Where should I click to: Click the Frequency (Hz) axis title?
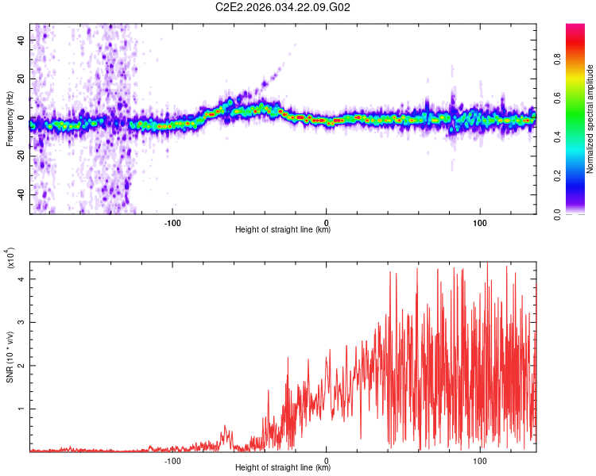click(10, 119)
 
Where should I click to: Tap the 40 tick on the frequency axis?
click(22, 40)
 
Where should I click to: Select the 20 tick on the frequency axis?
click(22, 79)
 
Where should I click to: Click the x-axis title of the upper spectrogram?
click(283, 230)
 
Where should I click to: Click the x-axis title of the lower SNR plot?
click(283, 468)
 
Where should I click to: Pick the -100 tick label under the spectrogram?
click(173, 221)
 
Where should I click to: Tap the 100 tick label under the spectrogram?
click(480, 221)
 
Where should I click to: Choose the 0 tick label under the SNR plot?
click(327, 459)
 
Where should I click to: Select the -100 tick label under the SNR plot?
click(173, 459)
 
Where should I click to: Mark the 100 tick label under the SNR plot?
click(480, 459)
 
